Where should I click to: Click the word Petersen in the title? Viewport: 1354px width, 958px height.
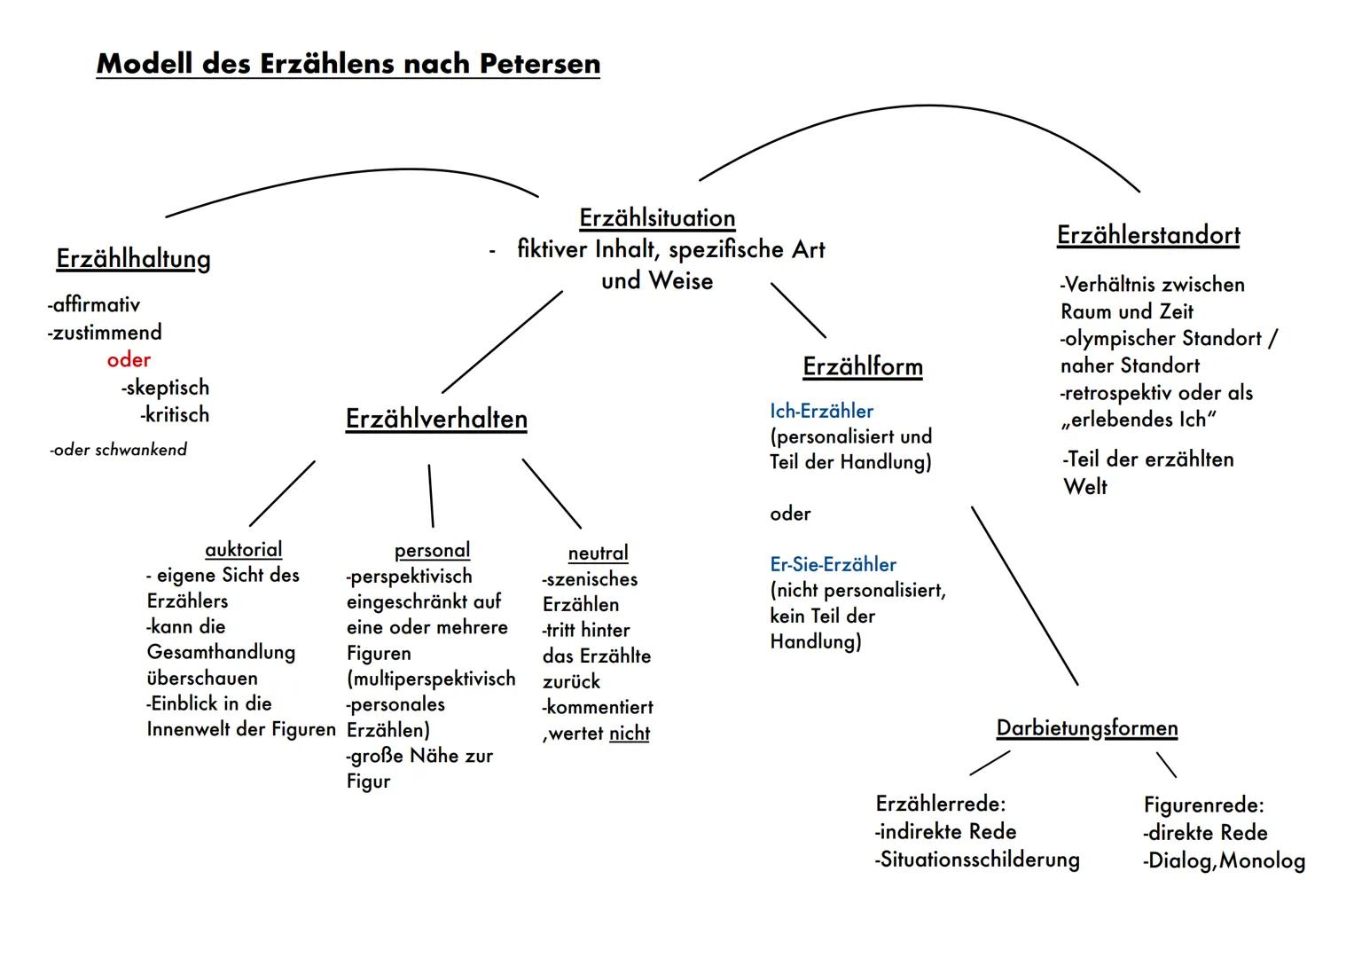pos(539,64)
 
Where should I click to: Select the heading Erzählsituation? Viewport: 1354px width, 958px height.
pos(657,218)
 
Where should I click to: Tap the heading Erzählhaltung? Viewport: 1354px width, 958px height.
pos(133,259)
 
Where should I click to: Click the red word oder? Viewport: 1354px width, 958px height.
pos(129,360)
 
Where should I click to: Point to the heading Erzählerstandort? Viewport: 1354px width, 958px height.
pos(1148,236)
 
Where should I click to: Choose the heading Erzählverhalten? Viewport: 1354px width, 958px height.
pos(436,420)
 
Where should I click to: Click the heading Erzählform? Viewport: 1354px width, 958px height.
pos(863,367)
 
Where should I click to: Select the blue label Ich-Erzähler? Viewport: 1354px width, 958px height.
pos(821,412)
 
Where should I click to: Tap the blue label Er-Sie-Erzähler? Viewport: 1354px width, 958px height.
pos(833,565)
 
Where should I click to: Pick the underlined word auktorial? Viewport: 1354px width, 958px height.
pos(243,550)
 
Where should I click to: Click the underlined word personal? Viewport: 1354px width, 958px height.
pos(432,551)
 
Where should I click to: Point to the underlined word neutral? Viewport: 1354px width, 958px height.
pos(598,554)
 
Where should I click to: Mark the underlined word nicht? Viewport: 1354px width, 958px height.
pos(630,734)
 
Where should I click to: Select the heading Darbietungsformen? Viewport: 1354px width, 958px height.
pos(1087,729)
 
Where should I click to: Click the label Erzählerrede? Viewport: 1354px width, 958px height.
pos(941,805)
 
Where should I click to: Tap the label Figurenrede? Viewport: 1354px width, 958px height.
pos(1203,805)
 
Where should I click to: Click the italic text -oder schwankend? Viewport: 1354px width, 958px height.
pos(119,450)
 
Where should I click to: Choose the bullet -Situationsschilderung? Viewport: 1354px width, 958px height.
pos(977,860)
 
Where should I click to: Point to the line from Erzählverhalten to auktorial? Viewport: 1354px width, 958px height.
pos(282,493)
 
